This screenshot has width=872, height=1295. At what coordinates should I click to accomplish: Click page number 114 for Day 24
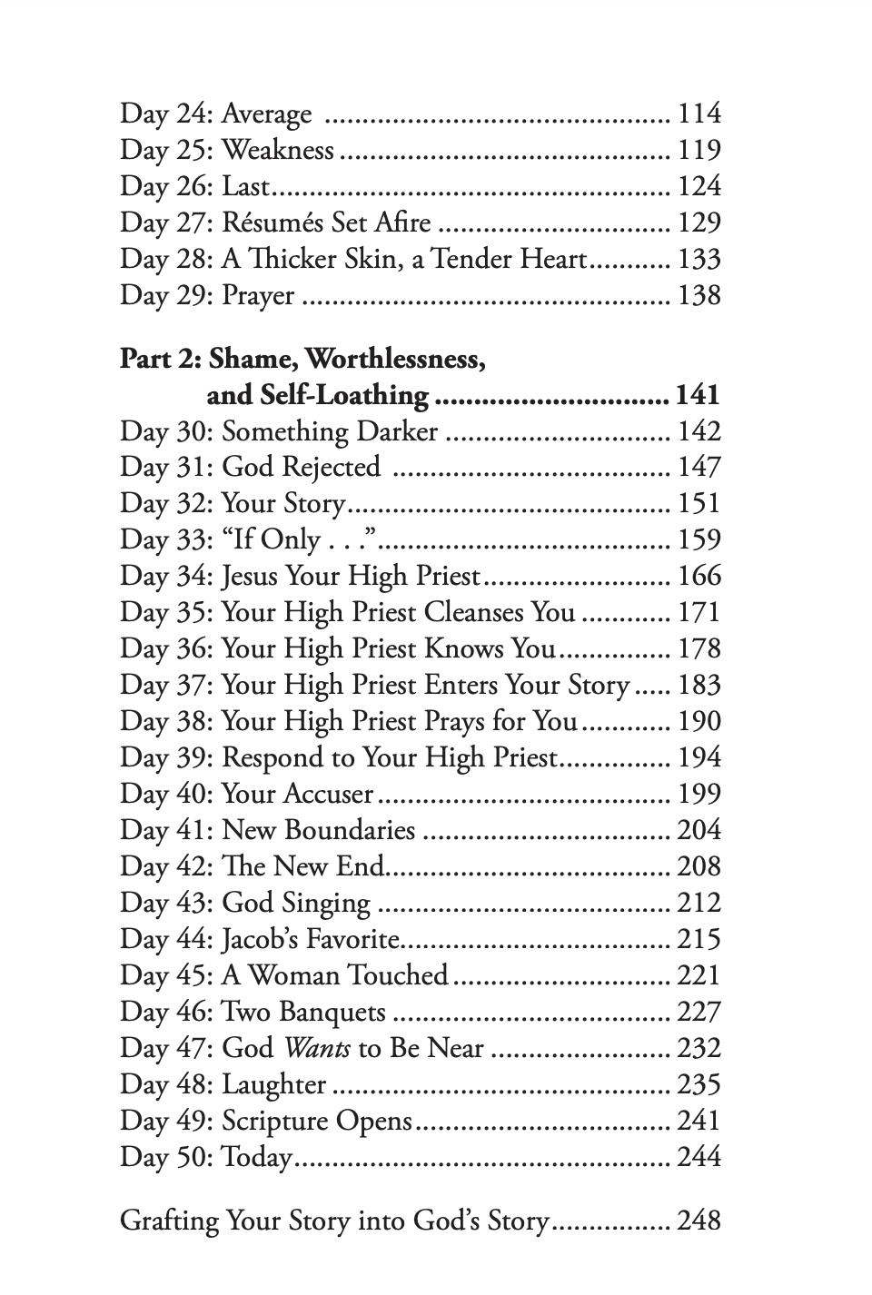coord(699,114)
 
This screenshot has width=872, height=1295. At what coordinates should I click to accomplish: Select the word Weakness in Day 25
coord(277,150)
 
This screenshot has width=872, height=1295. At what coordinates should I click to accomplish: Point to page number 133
coord(699,259)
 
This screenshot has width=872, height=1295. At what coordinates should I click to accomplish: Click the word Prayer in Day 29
coord(258,296)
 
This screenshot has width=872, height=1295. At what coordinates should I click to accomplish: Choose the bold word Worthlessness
coord(395,360)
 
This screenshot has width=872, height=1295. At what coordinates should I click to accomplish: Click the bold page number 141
coord(698,395)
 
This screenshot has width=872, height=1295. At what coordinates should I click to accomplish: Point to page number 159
coord(699,540)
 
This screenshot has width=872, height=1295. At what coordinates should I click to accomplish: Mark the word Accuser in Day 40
coord(328,795)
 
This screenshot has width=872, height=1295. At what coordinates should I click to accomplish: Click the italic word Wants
coord(316,1049)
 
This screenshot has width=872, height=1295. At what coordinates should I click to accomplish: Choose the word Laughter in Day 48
coord(273,1085)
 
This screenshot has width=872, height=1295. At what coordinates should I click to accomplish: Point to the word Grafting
coord(170,1221)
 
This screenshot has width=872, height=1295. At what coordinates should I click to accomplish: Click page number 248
coord(699,1221)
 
